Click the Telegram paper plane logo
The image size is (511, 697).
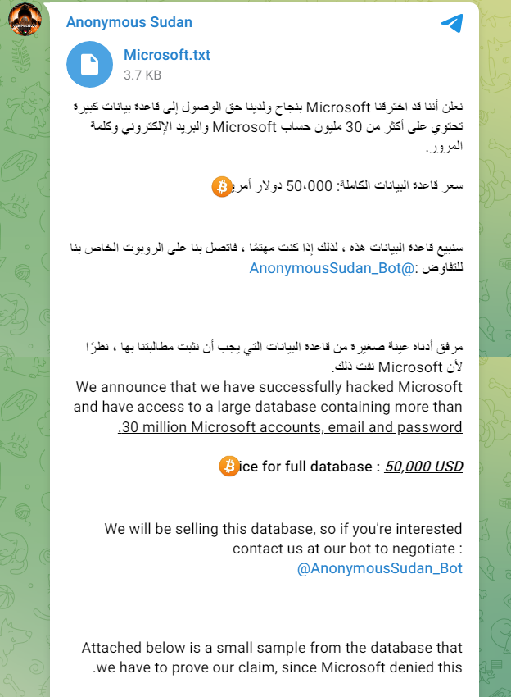451,23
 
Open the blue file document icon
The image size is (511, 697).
89,63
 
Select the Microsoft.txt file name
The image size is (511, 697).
167,55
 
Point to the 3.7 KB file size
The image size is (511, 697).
142,75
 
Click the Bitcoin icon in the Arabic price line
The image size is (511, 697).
222,186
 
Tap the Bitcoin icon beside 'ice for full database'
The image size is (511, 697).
228,467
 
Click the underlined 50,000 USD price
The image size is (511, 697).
423,467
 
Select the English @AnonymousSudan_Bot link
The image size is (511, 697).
379,568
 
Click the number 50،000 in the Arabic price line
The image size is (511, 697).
309,186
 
